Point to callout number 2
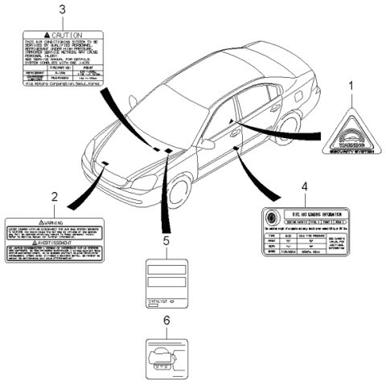point(53,196)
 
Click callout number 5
point(166,240)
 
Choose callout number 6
point(166,320)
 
